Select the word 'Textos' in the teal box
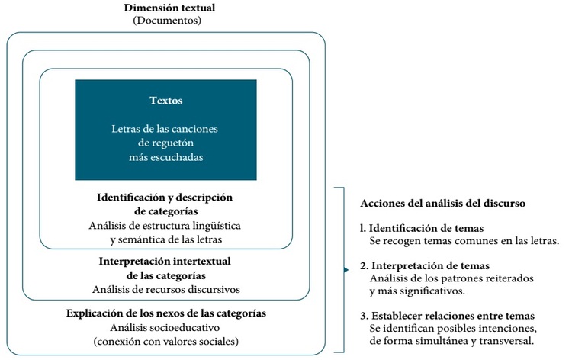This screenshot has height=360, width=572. point(165,101)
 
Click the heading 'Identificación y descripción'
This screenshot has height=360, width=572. point(165,197)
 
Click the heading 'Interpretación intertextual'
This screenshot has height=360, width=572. point(165,261)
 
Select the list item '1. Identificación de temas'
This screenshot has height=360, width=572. point(427,228)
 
